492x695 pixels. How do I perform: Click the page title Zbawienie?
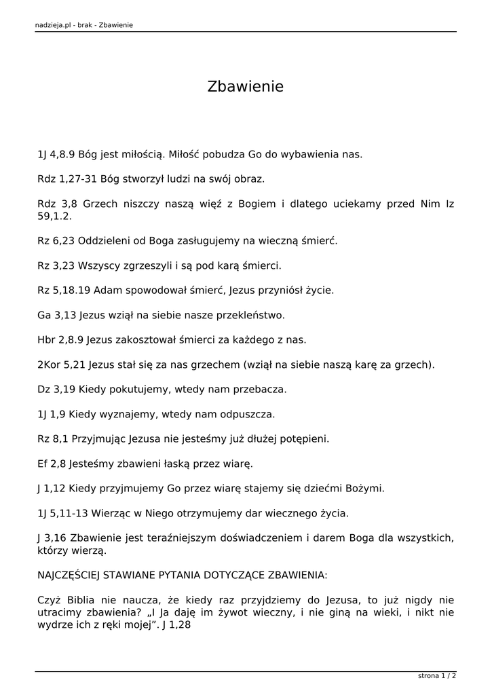pos(245,87)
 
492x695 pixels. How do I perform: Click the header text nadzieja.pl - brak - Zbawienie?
pos(83,25)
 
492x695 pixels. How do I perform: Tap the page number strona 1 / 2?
pos(437,676)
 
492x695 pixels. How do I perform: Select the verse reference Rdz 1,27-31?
pos(67,179)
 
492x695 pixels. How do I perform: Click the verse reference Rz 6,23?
pos(56,240)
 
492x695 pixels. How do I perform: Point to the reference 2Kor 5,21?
pos(61,364)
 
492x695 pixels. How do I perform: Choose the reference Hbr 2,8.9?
pos(62,339)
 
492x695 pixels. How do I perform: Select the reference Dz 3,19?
pos(56,390)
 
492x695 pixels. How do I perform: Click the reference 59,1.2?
pos(54,217)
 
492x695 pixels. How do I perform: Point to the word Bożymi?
pos(364,489)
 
